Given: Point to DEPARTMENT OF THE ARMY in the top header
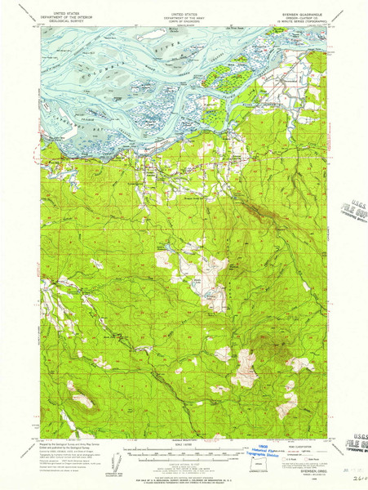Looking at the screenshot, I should [184, 17].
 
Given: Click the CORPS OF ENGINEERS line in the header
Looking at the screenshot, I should [184, 20].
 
